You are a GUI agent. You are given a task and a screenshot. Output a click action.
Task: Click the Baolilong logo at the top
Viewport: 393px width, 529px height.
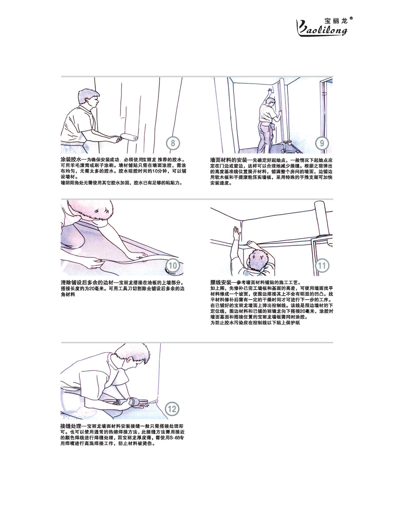click(x=322, y=26)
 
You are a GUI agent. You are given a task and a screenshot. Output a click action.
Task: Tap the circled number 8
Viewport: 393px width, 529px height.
click(x=173, y=143)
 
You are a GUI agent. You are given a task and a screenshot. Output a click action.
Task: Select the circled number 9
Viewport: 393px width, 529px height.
click(x=322, y=143)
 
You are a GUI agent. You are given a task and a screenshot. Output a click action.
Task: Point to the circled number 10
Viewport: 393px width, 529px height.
click(x=173, y=266)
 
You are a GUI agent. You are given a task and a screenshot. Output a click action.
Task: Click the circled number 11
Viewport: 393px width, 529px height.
click(x=322, y=266)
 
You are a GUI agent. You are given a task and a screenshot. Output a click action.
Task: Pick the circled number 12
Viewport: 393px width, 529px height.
click(x=172, y=409)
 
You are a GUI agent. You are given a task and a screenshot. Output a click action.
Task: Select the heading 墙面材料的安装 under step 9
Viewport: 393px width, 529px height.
click(x=228, y=160)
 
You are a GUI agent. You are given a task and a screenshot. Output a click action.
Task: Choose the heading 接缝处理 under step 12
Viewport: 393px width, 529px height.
click(x=71, y=426)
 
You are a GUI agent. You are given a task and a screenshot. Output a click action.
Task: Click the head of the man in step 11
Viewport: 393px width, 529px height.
click(x=258, y=260)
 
